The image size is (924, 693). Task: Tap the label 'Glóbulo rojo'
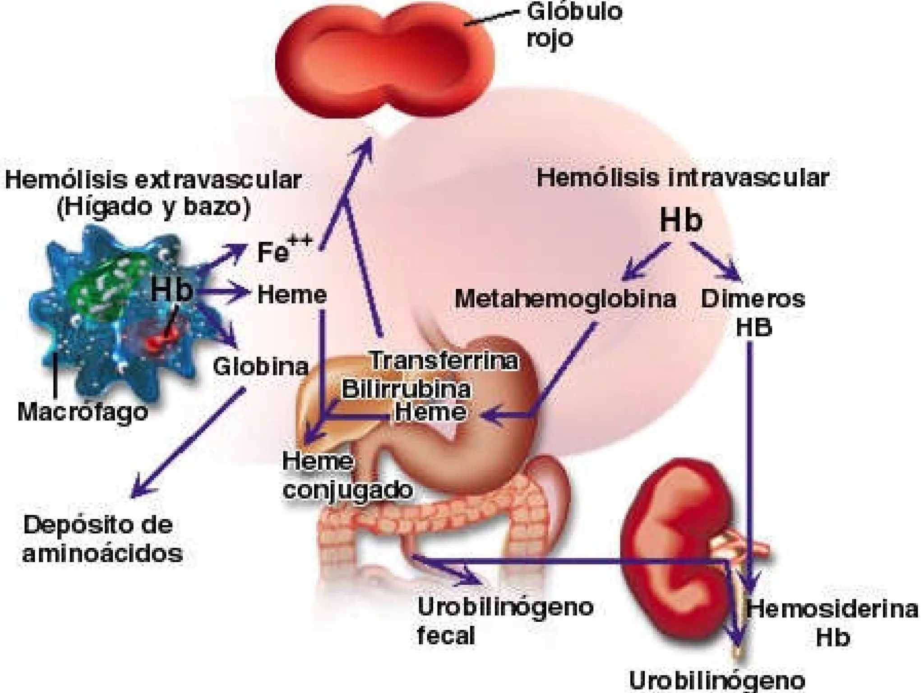573,25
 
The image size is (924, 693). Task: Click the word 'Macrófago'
83,411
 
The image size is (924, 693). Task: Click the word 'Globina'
261,366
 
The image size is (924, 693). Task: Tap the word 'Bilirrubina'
406,389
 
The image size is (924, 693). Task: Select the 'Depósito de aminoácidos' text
102,539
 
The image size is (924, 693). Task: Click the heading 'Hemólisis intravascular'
682,178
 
